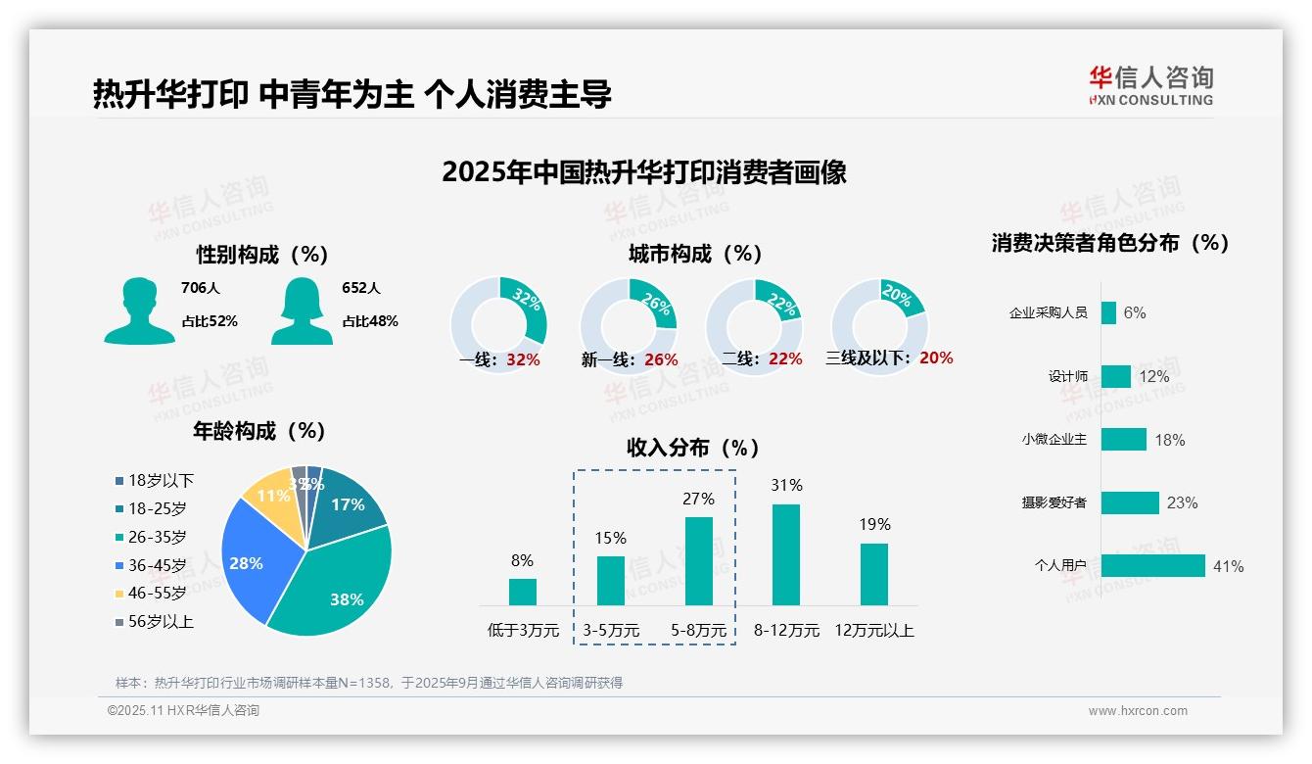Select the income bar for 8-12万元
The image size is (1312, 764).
tap(786, 554)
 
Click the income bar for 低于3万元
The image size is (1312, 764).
tap(523, 592)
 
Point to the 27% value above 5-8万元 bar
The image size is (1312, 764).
tap(698, 499)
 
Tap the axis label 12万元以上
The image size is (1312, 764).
tap(873, 630)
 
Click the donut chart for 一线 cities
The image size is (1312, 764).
tap(498, 324)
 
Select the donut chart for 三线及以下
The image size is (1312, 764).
tap(879, 324)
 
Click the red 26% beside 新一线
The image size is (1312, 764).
tap(661, 359)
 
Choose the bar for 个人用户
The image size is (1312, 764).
tap(1152, 565)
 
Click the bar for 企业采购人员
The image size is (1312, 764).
tap(1108, 312)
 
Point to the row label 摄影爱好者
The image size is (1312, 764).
tap(1054, 502)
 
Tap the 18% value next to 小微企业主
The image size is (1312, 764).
tap(1169, 440)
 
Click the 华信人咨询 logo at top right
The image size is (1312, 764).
tap(1150, 85)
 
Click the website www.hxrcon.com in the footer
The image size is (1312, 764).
tap(1138, 711)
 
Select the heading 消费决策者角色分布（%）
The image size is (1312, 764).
tap(1109, 243)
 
